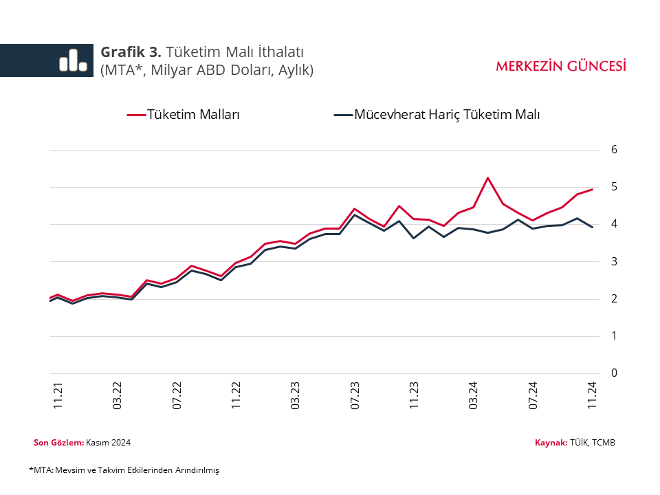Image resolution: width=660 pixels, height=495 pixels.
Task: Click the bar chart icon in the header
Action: [73, 60]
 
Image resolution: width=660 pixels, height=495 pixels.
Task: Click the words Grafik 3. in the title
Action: [131, 52]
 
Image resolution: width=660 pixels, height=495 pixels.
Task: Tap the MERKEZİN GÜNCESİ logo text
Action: [560, 66]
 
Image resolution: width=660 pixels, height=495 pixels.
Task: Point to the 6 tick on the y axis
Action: [615, 150]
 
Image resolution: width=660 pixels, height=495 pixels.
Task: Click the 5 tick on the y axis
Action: [615, 187]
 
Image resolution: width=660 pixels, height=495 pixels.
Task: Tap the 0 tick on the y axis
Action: [615, 373]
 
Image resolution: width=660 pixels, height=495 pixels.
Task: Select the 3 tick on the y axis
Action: [615, 262]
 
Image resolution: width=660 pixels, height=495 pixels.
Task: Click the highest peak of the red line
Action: [487, 178]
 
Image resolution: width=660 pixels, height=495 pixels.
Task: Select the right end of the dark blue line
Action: [593, 227]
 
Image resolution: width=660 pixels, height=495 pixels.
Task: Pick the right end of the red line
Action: [593, 189]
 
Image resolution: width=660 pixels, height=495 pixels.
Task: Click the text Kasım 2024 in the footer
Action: [109, 442]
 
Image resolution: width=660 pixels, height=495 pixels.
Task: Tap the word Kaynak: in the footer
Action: [551, 442]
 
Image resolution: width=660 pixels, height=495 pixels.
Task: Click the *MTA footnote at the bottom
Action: [124, 470]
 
